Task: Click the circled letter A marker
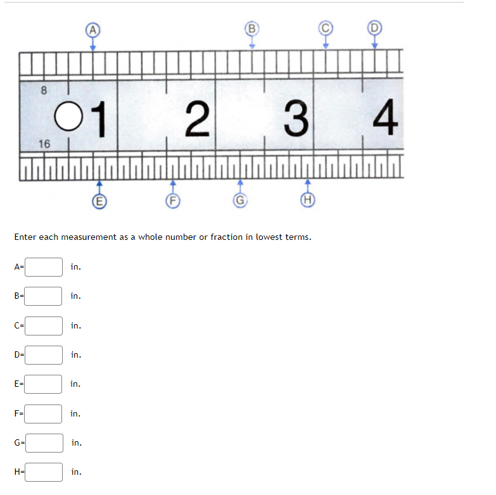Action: pos(92,30)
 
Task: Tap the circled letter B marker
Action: pos(251,28)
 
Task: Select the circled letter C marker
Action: pos(326,28)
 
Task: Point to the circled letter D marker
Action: pos(374,27)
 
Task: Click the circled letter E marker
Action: pos(99,201)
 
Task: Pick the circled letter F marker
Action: pos(173,201)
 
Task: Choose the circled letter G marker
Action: pos(240,201)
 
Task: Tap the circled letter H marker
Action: pos(307,200)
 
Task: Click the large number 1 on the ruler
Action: pos(99,119)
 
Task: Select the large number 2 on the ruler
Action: pos(198,118)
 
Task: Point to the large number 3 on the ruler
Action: pos(296,118)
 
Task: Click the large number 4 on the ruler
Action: pos(385,116)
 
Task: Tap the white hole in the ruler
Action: pos(68,116)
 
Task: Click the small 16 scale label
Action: pos(44,144)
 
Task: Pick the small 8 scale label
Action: pos(44,91)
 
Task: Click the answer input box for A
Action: pos(44,267)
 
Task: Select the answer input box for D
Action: pos(44,355)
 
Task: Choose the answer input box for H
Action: pos(44,472)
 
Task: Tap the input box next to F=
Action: pos(43,414)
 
